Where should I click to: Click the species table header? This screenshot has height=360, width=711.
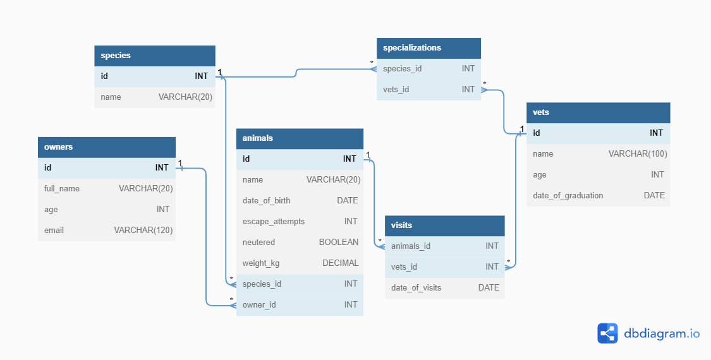[x=116, y=56]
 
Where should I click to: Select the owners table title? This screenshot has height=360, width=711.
[x=58, y=147]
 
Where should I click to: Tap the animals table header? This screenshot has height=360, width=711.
[x=258, y=138]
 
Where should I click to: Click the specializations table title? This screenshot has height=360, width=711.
[x=412, y=48]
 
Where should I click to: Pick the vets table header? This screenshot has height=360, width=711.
[x=541, y=112]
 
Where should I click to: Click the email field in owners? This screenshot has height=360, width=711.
[x=54, y=231]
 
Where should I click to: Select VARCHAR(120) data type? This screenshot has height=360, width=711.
[x=143, y=231]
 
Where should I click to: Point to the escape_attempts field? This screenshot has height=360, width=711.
[x=274, y=222]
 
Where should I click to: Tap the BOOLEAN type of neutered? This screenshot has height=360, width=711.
[x=339, y=243]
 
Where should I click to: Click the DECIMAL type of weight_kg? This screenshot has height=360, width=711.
[x=340, y=263]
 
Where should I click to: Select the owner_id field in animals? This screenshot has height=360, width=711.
[x=259, y=305]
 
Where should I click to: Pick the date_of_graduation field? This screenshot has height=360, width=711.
[x=568, y=196]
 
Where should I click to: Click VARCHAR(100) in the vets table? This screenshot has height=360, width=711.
[x=638, y=154]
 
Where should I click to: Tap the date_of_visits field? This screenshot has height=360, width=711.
[x=416, y=288]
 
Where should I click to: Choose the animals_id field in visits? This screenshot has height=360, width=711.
[x=411, y=246]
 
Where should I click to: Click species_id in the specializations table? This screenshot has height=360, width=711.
[x=402, y=69]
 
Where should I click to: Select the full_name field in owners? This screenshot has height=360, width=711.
[x=62, y=189]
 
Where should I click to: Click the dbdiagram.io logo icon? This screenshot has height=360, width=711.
[x=607, y=333]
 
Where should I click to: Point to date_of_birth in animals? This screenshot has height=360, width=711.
[x=266, y=201]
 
